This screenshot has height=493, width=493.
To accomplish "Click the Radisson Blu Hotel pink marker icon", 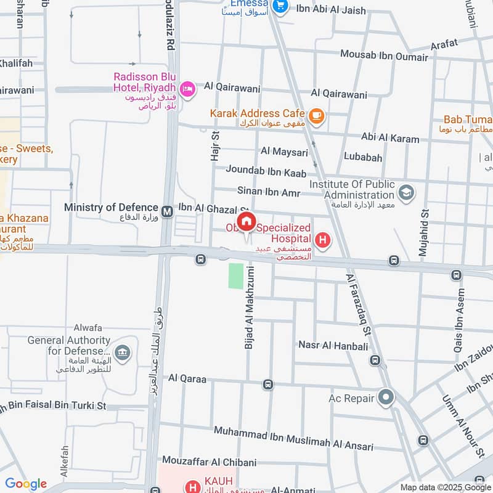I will click(187, 89).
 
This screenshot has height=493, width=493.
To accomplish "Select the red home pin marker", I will click(246, 222).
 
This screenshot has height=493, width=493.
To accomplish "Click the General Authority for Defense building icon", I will click(123, 353).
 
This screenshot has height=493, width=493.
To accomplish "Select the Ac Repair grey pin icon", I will click(386, 397).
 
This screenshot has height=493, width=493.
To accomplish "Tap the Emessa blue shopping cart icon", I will click(280, 6).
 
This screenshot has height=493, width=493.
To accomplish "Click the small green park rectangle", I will click(236, 275).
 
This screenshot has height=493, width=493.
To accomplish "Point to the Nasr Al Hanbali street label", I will click(332, 345).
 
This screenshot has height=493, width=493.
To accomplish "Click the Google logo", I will click(26, 484).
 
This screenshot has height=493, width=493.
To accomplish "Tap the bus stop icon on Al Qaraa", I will click(267, 385).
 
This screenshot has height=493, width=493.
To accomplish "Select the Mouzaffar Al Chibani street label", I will click(209, 461).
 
